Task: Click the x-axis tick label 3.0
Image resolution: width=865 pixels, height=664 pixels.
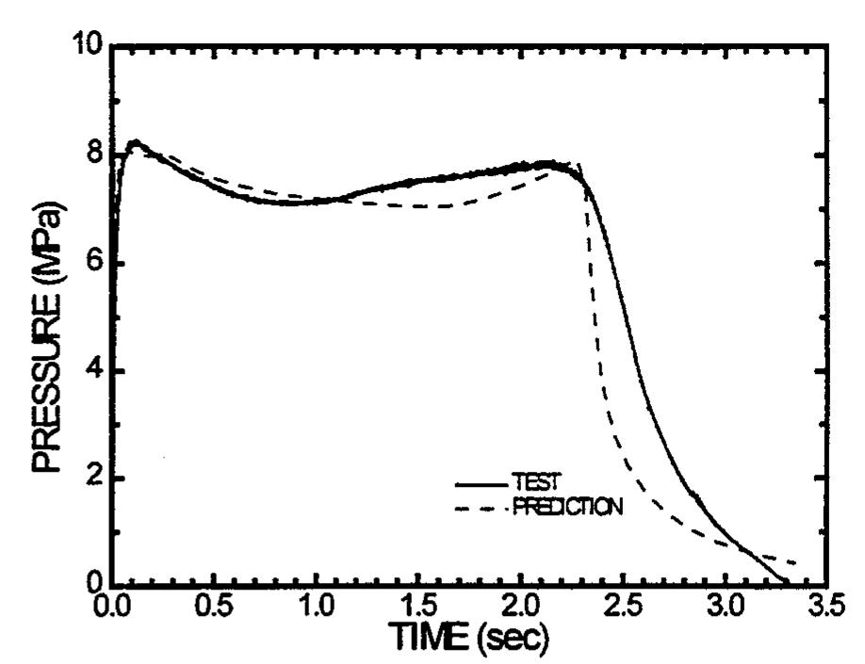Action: (x=725, y=606)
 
